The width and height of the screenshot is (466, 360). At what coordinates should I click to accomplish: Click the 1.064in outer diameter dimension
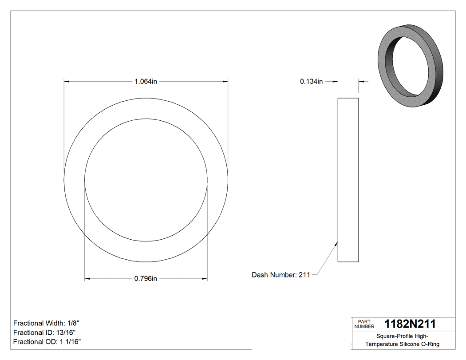click(146, 81)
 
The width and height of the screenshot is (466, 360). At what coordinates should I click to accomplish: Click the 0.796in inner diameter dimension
click(146, 279)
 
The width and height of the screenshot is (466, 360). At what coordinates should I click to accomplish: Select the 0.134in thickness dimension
click(311, 81)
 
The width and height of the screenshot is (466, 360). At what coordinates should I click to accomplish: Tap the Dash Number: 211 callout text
click(281, 275)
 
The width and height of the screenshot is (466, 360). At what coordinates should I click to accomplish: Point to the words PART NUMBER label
click(364, 324)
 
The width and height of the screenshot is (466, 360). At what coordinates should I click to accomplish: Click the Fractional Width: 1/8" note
click(46, 323)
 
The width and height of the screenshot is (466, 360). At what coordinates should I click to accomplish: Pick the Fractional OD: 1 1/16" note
click(47, 342)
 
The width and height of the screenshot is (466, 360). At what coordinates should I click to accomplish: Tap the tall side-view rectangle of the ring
click(348, 180)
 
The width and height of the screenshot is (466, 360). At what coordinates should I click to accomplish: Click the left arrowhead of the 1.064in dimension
click(67, 81)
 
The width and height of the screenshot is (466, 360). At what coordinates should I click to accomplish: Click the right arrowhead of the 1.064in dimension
click(225, 81)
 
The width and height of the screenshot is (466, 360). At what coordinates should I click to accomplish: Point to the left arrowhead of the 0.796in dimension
click(87, 279)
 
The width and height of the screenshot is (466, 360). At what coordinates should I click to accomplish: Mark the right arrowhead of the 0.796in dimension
click(205, 279)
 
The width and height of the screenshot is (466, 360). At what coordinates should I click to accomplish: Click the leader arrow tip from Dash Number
click(337, 242)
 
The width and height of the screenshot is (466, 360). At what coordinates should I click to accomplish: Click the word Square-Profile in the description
click(391, 336)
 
